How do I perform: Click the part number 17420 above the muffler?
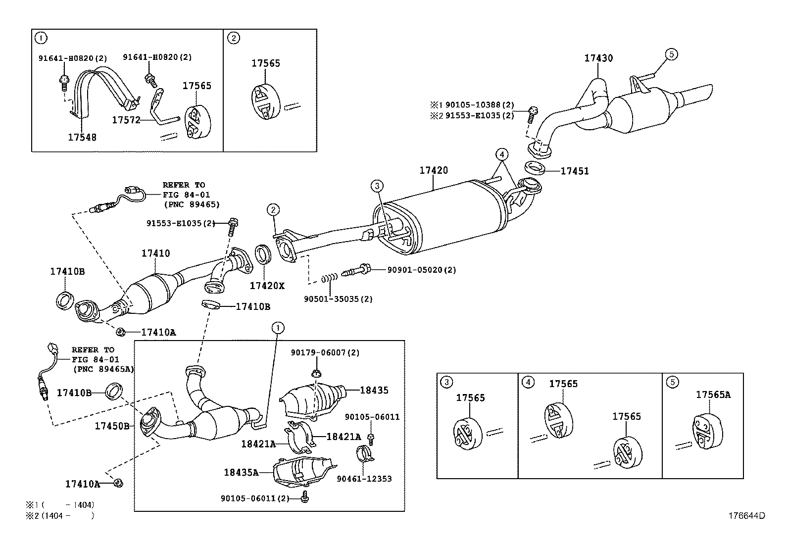coord(434,170)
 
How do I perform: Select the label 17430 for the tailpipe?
coord(598,58)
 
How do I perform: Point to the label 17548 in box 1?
coord(82,137)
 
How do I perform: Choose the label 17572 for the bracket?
coord(126,120)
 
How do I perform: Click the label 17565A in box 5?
coord(713,395)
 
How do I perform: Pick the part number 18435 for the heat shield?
coord(374,391)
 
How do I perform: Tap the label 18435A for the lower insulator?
coord(241,472)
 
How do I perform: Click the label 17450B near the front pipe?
coord(112,426)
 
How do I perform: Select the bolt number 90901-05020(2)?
coord(421,270)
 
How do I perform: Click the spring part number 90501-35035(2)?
coord(338,299)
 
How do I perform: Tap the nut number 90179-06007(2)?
coord(325,353)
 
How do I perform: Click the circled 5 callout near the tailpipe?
coord(671,54)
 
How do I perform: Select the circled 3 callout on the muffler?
coord(377,186)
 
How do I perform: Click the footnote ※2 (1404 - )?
coord(59,515)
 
